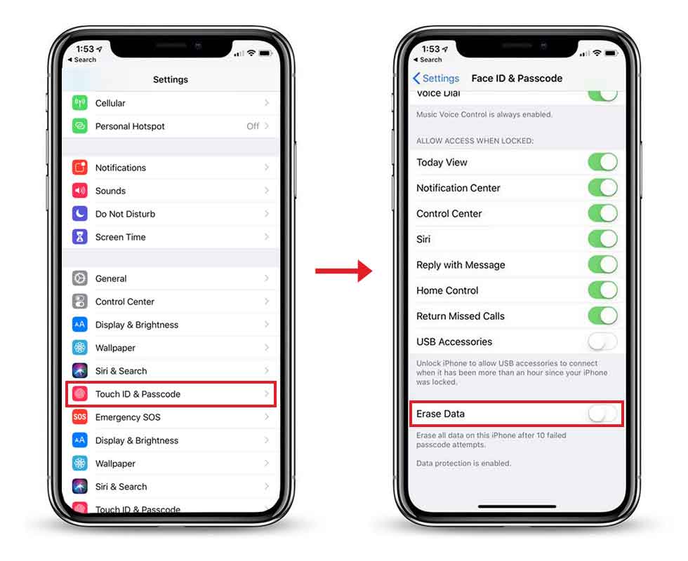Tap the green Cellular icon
coord(79,103)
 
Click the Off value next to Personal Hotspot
coord(253,126)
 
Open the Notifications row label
coord(121,168)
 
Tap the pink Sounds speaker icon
coord(79,191)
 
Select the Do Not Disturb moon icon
coord(79,214)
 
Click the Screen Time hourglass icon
coord(79,237)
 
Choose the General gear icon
coord(79,278)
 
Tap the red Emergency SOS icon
coord(79,417)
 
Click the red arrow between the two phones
coord(343,271)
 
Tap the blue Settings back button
coord(436,79)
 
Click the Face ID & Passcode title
coord(517,79)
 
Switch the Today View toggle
coord(602,162)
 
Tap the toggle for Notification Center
coord(602,188)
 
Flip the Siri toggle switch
coord(602,239)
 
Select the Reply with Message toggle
coord(602,265)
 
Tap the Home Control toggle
coord(602,290)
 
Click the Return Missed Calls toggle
coord(602,316)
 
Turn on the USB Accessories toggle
coord(602,342)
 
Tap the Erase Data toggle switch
coord(602,414)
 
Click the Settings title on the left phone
coord(171,80)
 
